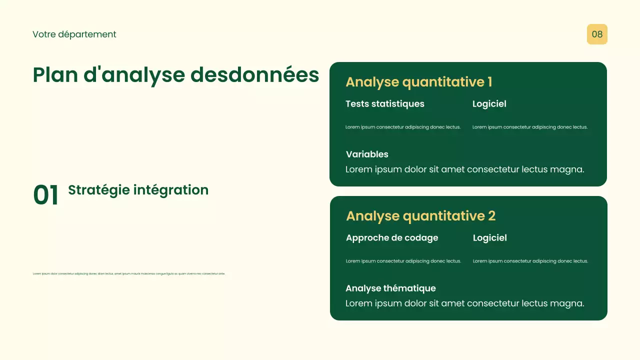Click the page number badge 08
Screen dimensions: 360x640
pyautogui.click(x=597, y=34)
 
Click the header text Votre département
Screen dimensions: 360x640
pyautogui.click(x=74, y=34)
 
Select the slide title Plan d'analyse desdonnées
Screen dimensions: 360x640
pyautogui.click(x=175, y=75)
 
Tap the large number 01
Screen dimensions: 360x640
pyautogui.click(x=45, y=195)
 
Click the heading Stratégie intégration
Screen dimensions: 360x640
pyautogui.click(x=138, y=190)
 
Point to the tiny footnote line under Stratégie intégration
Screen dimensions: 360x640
pyautogui.click(x=129, y=273)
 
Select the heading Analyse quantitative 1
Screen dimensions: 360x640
pyautogui.click(x=419, y=82)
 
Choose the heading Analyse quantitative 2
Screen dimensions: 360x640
pyautogui.click(x=420, y=216)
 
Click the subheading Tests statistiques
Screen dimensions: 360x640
pyautogui.click(x=384, y=104)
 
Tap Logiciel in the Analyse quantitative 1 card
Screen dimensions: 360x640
pyautogui.click(x=489, y=104)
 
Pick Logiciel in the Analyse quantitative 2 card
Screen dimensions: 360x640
pyautogui.click(x=489, y=238)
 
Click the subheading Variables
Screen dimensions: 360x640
pyautogui.click(x=367, y=154)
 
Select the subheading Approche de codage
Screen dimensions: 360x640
pyautogui.click(x=391, y=238)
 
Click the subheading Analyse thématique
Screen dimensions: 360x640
pyautogui.click(x=390, y=288)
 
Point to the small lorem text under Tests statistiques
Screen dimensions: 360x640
pyautogui.click(x=403, y=127)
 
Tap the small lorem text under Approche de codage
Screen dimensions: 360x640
pyautogui.click(x=403, y=261)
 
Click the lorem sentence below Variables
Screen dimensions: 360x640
pyautogui.click(x=464, y=169)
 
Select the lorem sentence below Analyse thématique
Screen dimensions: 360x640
pyautogui.click(x=464, y=303)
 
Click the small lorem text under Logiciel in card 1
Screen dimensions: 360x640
pyautogui.click(x=530, y=127)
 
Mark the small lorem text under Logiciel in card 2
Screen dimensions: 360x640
pyautogui.click(x=530, y=261)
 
